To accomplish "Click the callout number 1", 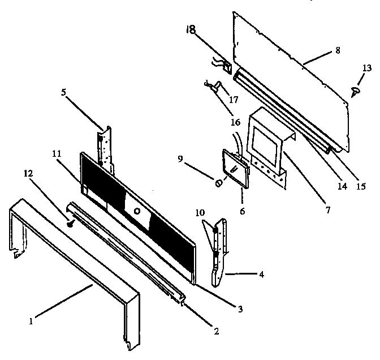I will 31,322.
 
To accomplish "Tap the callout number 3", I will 240,308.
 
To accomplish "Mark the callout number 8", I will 337,50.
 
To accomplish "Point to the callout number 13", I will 367,68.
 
